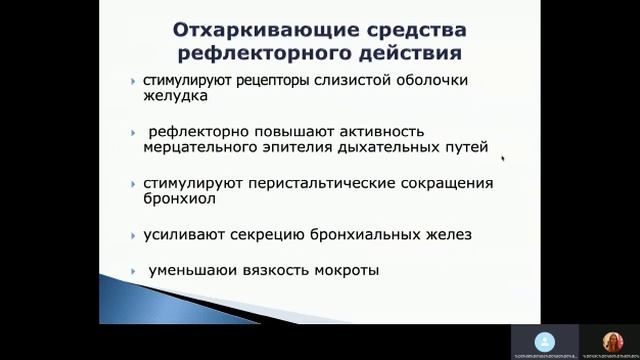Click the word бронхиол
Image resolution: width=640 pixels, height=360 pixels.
[x=182, y=199]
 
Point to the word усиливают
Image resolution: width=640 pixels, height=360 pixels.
[x=183, y=235]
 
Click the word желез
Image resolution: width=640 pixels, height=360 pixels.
[x=446, y=235]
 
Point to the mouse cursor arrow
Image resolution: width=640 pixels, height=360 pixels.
[x=502, y=157]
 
